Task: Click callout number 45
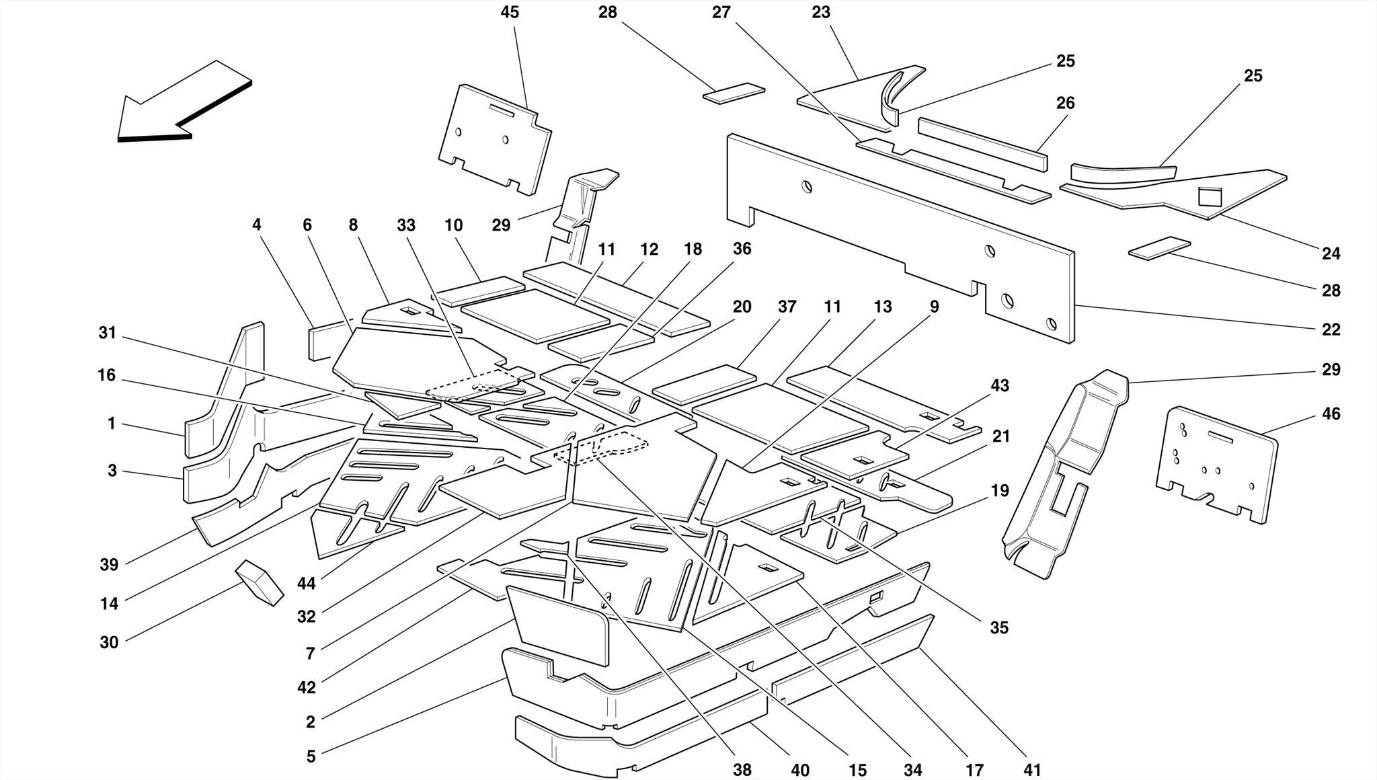tap(510, 13)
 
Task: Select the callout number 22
tap(1331, 329)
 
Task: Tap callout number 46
tap(1331, 414)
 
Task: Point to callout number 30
tap(109, 642)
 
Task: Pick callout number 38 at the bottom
tap(742, 769)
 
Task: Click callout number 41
tap(1031, 769)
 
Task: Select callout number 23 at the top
tap(820, 13)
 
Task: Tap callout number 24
tap(1331, 253)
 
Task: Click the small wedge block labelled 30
tap(259, 582)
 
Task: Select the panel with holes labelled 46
tap(1217, 464)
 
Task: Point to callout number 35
tap(999, 627)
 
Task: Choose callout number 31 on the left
tap(108, 333)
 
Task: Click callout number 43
tap(1000, 385)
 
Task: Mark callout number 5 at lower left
tap(311, 756)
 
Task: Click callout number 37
tap(787, 307)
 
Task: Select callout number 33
tap(406, 225)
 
